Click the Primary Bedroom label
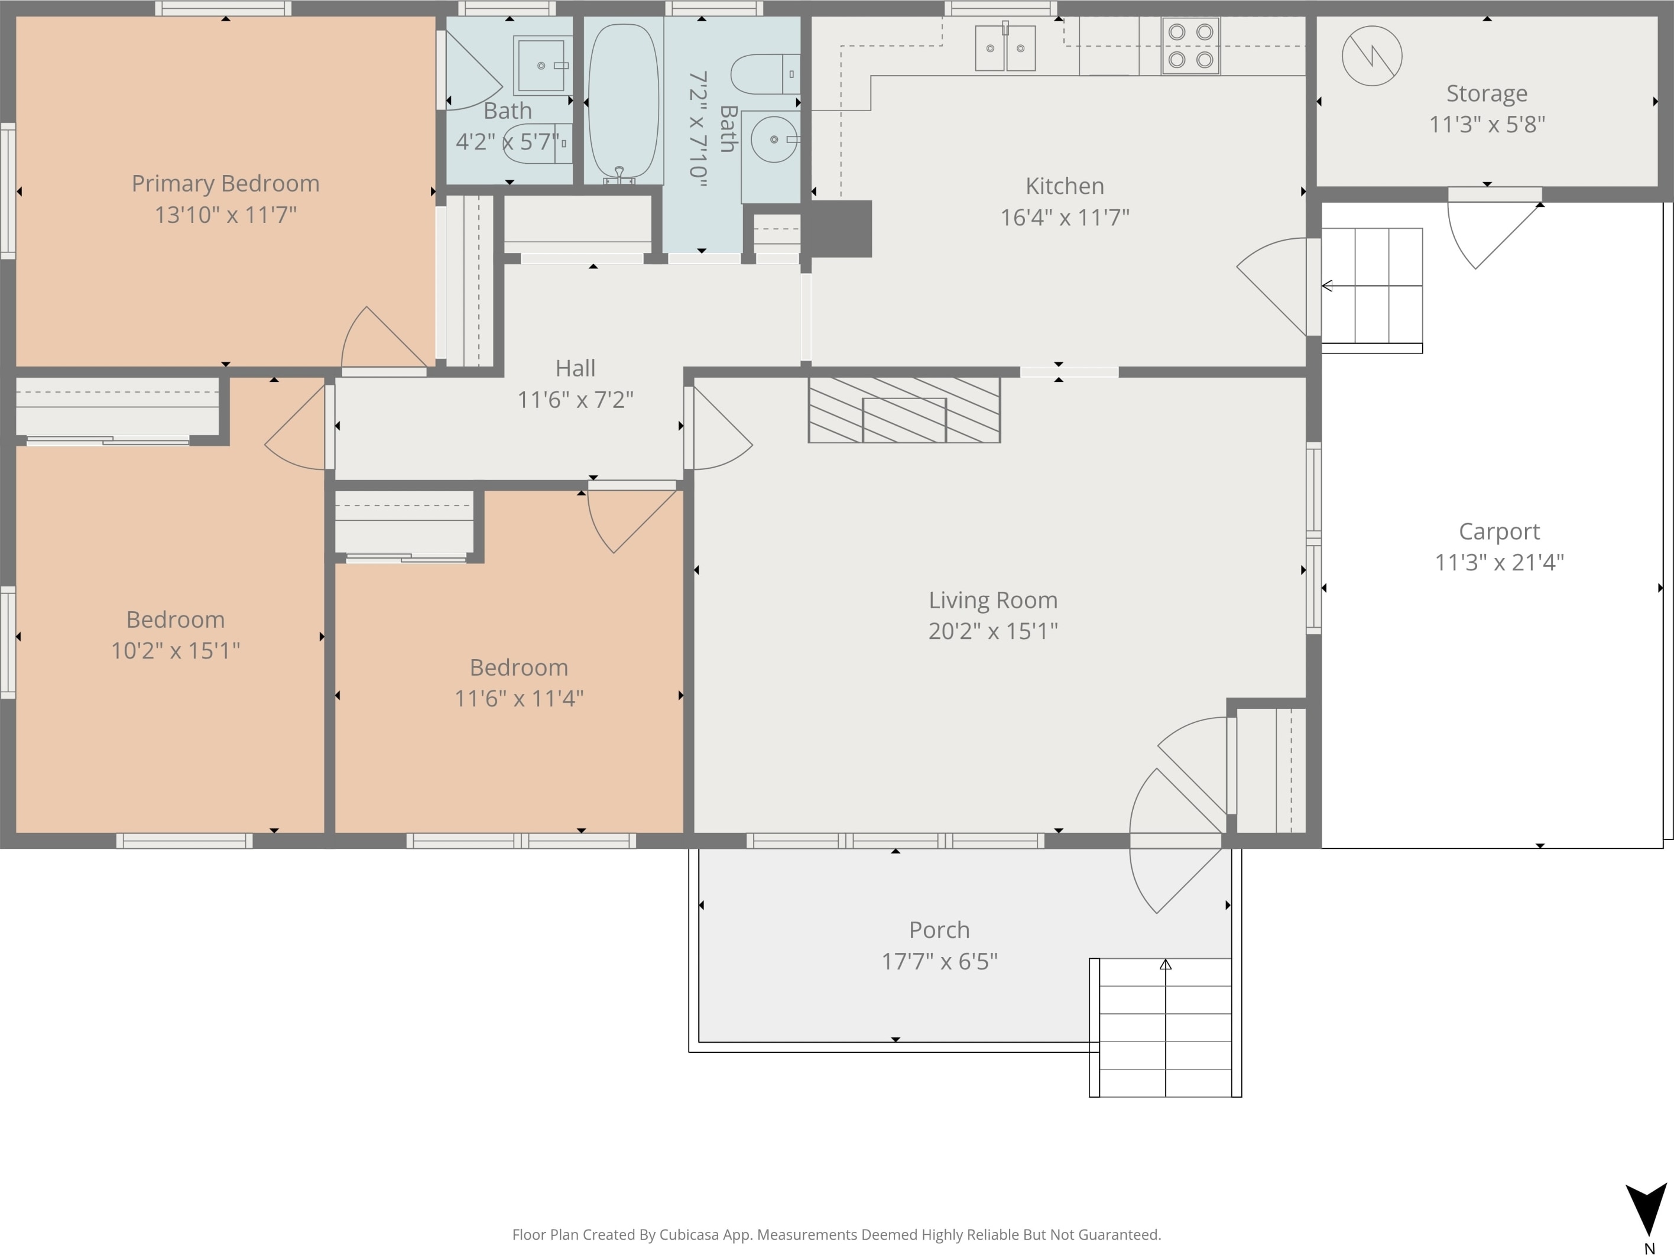(x=226, y=183)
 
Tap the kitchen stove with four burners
(x=1190, y=46)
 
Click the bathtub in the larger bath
(x=624, y=102)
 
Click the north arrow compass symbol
(x=1647, y=1208)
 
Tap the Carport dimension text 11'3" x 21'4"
(x=1499, y=562)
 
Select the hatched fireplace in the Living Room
(x=904, y=410)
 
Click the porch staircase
(x=1166, y=1027)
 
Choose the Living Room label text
(x=993, y=600)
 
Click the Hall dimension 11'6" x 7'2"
(x=575, y=400)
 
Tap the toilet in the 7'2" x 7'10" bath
(x=765, y=74)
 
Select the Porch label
(x=939, y=929)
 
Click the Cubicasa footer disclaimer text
(x=836, y=1234)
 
